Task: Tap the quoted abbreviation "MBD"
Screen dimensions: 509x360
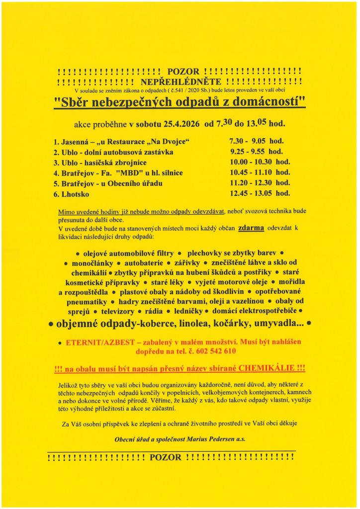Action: click(x=130, y=173)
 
